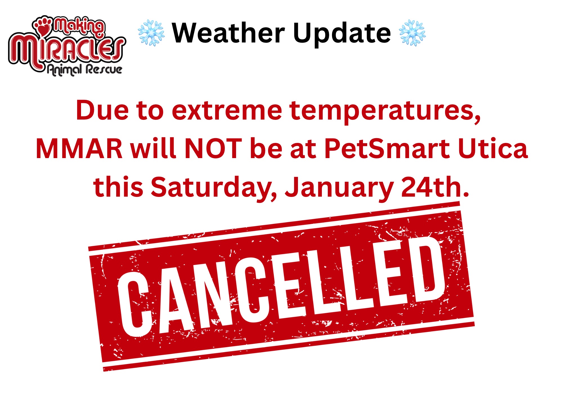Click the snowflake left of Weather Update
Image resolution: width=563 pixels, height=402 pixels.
click(151, 33)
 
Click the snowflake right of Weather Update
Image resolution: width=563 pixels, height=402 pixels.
click(412, 33)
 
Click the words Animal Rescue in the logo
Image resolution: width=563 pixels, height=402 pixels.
click(84, 69)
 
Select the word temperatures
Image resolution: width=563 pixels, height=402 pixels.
click(385, 111)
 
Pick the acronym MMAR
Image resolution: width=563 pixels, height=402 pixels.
click(79, 149)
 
